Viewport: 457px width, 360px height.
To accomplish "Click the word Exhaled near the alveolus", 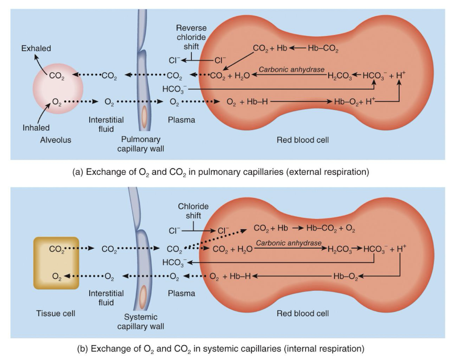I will point(36,48).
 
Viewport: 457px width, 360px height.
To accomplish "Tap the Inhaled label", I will point(36,127).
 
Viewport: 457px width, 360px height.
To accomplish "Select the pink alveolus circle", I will point(58,90).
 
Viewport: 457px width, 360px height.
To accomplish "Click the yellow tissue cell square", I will point(56,263).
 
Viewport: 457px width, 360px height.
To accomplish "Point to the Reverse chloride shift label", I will point(191,37).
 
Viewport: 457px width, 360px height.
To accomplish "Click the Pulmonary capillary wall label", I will point(141,144).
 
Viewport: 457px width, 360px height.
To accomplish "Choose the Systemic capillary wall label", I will point(141,322).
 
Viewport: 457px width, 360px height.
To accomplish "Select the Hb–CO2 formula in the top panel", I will point(323,49).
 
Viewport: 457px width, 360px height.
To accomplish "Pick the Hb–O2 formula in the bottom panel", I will point(346,277).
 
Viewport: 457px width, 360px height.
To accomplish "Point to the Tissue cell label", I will point(56,313).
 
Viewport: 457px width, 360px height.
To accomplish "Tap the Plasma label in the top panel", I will point(181,120).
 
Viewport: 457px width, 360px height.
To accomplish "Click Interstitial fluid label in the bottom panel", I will point(106,298).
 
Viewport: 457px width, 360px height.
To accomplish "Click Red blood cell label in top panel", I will point(303,140).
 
